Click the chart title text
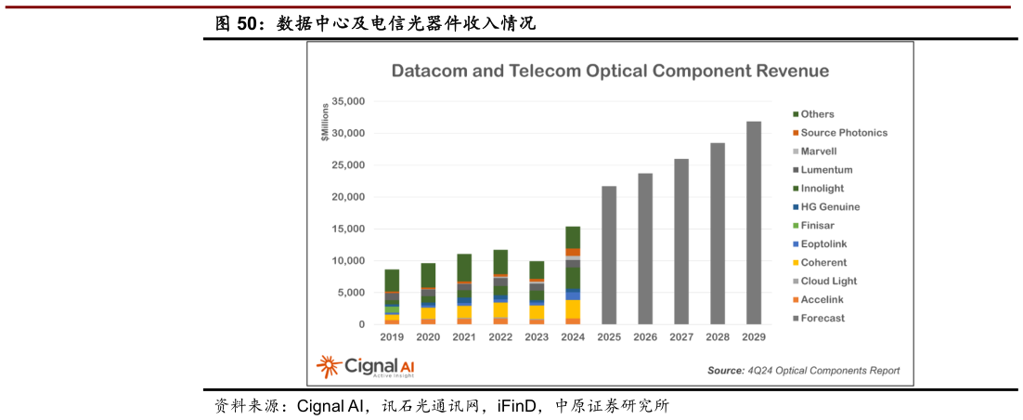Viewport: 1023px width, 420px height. point(610,71)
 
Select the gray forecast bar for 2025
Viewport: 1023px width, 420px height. point(609,256)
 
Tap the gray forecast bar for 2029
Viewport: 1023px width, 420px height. point(754,223)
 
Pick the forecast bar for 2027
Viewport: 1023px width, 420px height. point(681,242)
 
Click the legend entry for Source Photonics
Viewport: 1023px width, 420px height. point(843,133)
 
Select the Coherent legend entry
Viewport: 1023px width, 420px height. point(823,263)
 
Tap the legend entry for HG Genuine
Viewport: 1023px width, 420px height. point(831,207)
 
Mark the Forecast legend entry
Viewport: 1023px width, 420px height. point(823,319)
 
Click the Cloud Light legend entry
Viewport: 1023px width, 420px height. point(829,282)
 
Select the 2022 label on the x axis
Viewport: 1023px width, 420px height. point(500,336)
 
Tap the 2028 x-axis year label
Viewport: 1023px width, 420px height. point(718,336)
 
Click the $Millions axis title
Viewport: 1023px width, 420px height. point(324,121)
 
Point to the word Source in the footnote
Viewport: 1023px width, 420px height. point(725,371)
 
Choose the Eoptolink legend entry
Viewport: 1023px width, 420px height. point(824,244)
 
